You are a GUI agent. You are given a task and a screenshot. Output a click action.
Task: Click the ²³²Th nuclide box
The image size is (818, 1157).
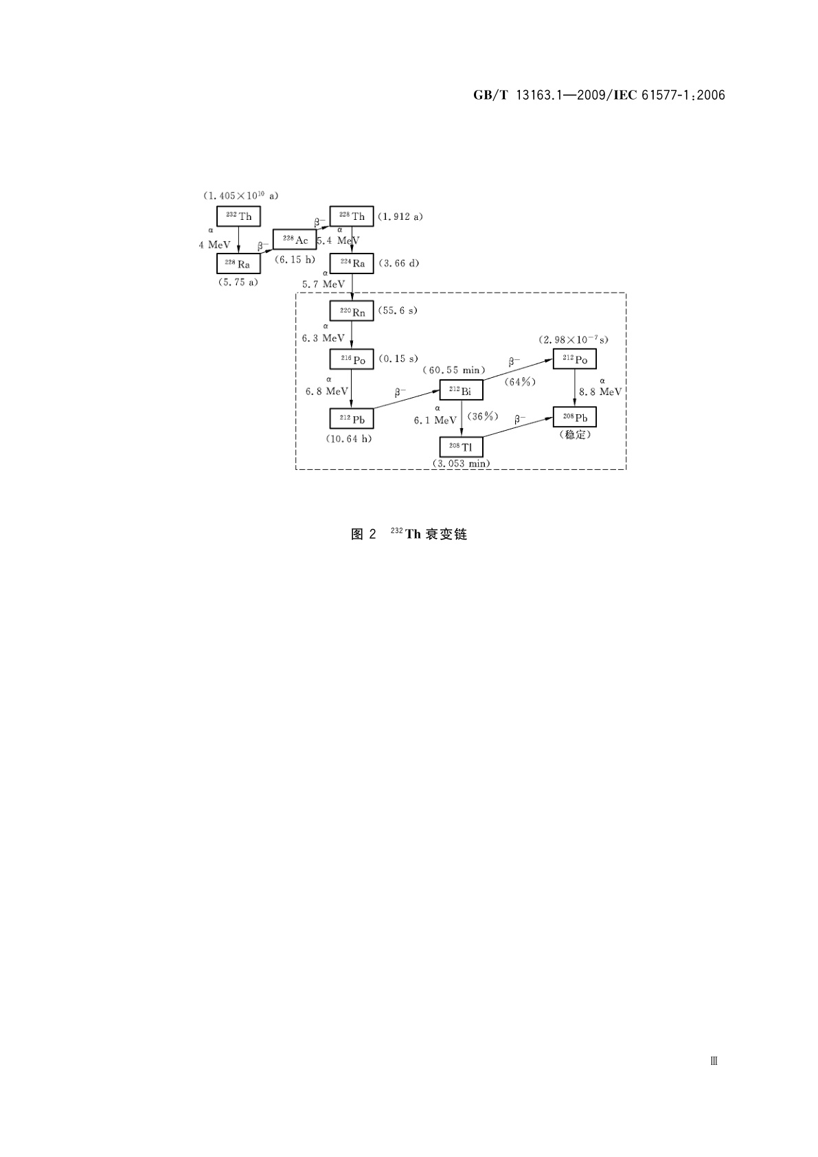click(238, 216)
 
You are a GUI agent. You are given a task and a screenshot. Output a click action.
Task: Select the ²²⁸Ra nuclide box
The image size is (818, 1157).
click(238, 264)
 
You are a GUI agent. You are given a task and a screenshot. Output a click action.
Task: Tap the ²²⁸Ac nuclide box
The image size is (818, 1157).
click(295, 240)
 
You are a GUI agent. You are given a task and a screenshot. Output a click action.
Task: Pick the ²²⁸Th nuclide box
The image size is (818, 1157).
click(352, 216)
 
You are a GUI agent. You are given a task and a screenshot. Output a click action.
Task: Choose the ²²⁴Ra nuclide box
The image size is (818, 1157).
click(352, 264)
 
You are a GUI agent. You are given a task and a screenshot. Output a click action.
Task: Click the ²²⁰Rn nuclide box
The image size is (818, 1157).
click(352, 311)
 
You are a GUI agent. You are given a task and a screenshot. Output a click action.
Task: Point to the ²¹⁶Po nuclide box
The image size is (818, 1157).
click(352, 359)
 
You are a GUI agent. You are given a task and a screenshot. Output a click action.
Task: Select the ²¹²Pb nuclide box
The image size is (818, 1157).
click(352, 418)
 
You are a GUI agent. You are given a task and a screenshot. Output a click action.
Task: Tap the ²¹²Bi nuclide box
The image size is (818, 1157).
click(461, 391)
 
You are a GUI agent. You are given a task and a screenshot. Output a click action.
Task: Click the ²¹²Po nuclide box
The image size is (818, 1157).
click(575, 359)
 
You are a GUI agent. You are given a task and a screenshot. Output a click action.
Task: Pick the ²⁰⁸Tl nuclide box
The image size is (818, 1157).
click(461, 447)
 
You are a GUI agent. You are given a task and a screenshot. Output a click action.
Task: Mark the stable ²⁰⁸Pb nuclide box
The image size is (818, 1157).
click(575, 417)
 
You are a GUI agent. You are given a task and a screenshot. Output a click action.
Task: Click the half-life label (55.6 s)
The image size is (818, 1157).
click(398, 311)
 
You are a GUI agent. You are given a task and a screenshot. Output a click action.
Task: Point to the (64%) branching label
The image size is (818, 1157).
click(519, 382)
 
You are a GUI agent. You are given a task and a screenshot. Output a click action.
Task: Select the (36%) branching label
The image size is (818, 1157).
click(482, 416)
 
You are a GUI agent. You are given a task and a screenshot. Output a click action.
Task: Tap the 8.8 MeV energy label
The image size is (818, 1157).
click(600, 392)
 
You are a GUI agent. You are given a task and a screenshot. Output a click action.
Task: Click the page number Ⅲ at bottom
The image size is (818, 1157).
click(714, 1061)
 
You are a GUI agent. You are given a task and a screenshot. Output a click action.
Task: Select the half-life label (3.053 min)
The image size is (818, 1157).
click(461, 464)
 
